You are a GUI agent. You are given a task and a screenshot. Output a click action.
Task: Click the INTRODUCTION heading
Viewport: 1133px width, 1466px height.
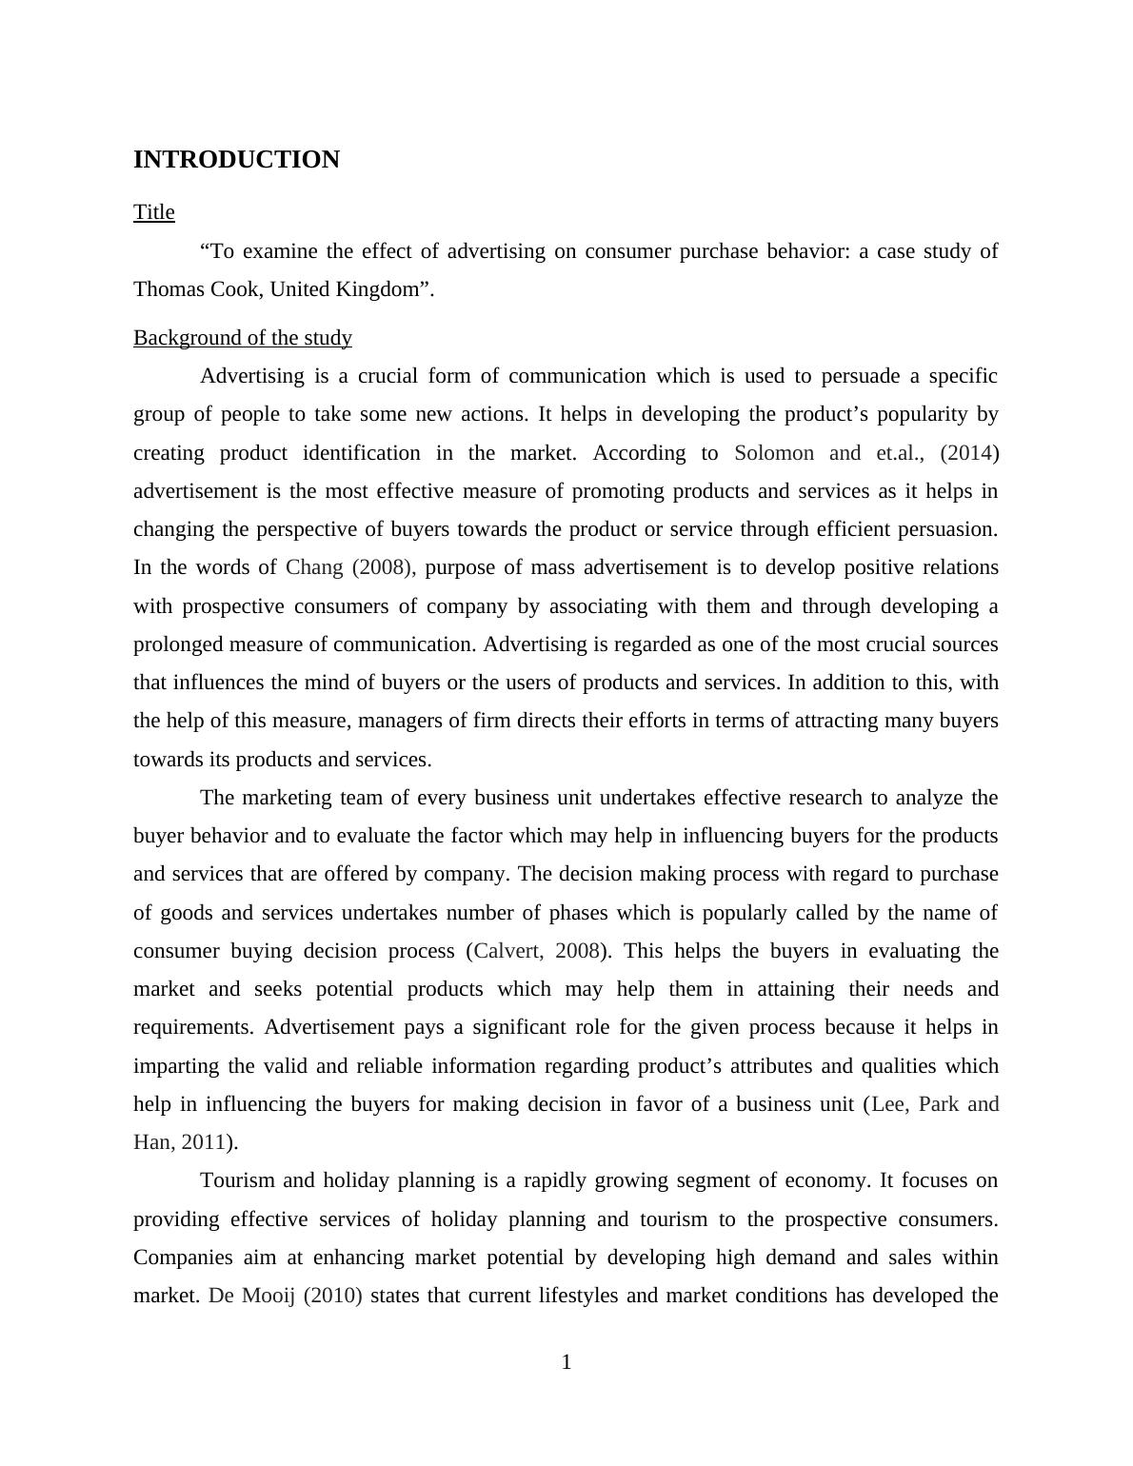[236, 160]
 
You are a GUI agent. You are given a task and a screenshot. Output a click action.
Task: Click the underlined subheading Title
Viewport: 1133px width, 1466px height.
[154, 212]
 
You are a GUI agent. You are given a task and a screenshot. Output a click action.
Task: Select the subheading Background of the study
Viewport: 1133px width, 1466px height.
[243, 338]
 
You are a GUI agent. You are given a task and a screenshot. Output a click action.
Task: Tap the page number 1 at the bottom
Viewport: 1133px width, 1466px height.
[566, 1362]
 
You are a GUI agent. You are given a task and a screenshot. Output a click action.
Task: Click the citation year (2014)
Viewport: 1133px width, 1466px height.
[969, 453]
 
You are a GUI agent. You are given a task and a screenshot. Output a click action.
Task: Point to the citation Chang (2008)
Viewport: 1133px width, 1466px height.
[349, 567]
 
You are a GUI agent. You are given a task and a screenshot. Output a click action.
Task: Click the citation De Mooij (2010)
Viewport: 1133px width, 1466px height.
[286, 1296]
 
